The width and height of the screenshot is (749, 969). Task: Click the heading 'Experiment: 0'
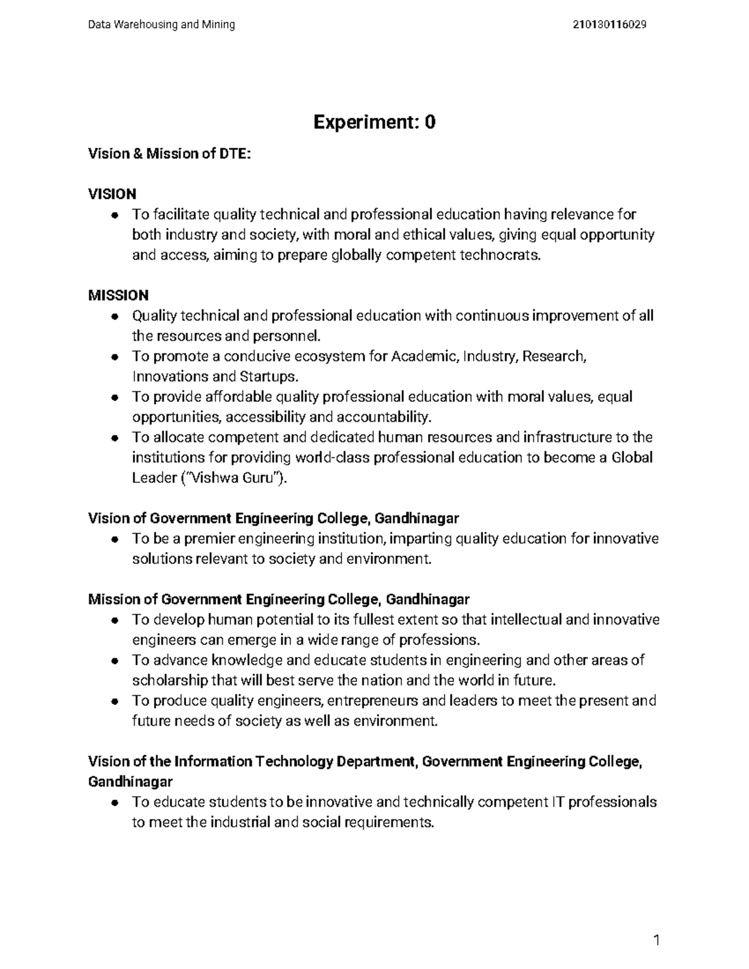(x=374, y=122)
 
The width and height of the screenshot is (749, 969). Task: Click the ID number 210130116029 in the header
(x=609, y=25)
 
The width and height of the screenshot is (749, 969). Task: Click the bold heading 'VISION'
(x=112, y=194)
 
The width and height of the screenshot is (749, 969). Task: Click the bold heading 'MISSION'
(x=119, y=295)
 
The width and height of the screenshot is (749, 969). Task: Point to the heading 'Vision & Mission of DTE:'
(x=169, y=153)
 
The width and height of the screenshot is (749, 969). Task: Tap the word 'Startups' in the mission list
(x=268, y=377)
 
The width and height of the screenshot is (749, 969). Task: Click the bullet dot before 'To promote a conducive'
(x=114, y=357)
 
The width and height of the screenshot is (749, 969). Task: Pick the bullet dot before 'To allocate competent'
(x=114, y=438)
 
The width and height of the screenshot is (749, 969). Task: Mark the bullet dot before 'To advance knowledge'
(x=114, y=661)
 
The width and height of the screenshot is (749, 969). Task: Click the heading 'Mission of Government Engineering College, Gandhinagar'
(x=279, y=600)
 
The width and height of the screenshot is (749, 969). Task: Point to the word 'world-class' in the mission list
(x=332, y=458)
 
